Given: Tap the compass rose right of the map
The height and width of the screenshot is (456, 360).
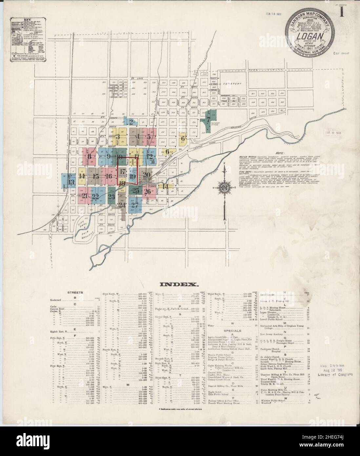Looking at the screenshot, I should (x=224, y=187).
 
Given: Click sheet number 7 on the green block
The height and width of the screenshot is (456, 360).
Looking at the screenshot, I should (x=208, y=120).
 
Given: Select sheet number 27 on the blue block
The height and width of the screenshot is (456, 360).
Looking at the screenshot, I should (x=134, y=206).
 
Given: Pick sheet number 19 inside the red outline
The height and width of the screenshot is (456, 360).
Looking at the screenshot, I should (x=132, y=176).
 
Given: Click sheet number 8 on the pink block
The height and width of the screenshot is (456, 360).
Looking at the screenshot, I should (x=89, y=156).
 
